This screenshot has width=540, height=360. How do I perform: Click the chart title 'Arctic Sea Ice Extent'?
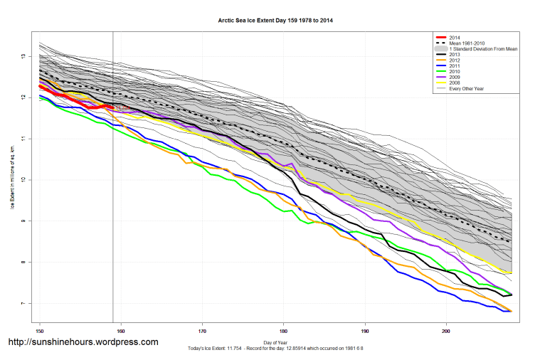(x=275, y=21)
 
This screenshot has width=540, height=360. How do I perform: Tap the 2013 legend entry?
(x=455, y=55)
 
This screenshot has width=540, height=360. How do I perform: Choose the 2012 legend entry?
(x=455, y=60)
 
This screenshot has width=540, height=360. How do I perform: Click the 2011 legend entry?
(x=455, y=66)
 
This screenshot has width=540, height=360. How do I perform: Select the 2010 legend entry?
(x=455, y=72)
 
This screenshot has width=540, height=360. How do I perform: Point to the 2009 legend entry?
(x=455, y=78)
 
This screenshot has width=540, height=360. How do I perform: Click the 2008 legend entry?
(x=455, y=83)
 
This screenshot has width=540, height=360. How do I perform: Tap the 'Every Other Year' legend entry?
(x=467, y=89)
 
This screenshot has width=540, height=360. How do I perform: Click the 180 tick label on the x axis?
(x=284, y=331)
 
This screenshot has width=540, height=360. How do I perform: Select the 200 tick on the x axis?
(x=446, y=331)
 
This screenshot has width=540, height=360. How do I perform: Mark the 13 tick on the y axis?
(x=23, y=56)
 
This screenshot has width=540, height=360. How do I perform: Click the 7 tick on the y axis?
(x=23, y=304)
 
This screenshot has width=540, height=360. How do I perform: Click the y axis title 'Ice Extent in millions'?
(x=11, y=177)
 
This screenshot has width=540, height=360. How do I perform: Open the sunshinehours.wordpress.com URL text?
(x=83, y=342)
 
